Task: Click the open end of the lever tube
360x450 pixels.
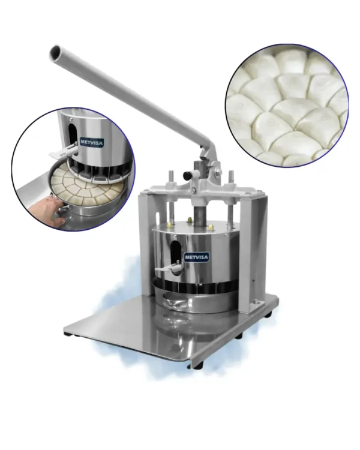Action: click(55, 52)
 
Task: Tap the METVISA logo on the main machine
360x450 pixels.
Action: click(197, 257)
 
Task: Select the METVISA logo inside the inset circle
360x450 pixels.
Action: click(91, 142)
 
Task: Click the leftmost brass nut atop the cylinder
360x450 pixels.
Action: click(170, 223)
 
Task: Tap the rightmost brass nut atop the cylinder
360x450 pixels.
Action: click(211, 227)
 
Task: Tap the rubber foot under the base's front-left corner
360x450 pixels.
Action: click(68, 334)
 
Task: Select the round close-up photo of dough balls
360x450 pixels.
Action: click(287, 106)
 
